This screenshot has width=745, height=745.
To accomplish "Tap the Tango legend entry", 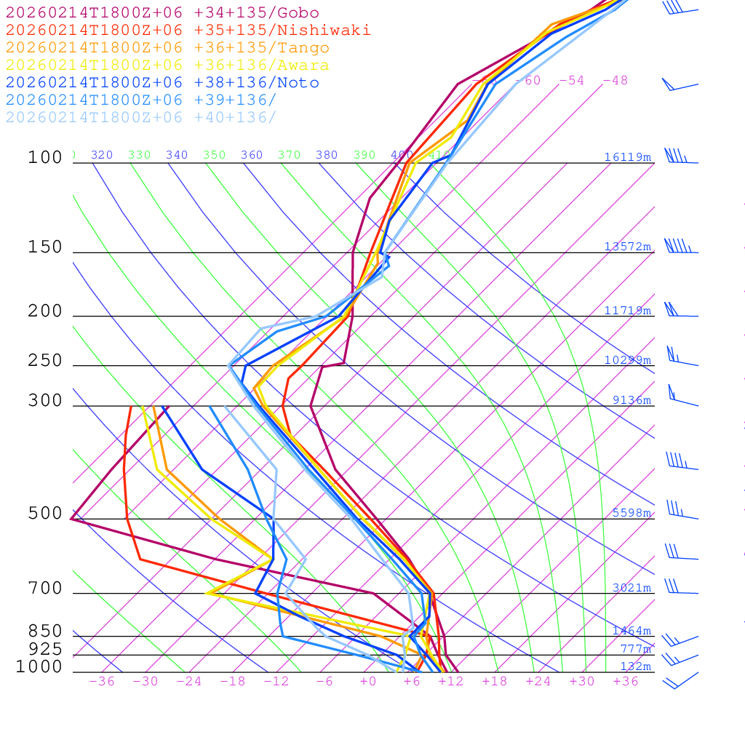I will (x=167, y=48).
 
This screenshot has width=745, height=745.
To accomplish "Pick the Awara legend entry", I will (x=167, y=65).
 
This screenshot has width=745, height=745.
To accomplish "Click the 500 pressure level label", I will (x=45, y=514).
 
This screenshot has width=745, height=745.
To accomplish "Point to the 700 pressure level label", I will (x=45, y=589).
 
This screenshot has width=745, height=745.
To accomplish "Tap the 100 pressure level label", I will (x=45, y=157).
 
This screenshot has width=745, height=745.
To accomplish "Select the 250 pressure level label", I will (x=45, y=361).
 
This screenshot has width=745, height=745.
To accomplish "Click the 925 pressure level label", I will (x=45, y=649).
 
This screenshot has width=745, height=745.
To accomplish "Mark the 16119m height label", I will (x=627, y=157).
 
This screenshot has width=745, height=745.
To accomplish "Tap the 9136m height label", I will (x=632, y=400).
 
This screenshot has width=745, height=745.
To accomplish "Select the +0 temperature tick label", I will (x=368, y=682).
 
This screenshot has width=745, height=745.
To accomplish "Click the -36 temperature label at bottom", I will (x=101, y=682).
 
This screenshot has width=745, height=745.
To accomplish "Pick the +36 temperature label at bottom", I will (x=626, y=682).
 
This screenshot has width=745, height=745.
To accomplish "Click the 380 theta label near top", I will (x=327, y=155).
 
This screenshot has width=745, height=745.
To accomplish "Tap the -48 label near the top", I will (x=615, y=80).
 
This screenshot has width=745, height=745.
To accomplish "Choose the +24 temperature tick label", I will (x=538, y=682).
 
